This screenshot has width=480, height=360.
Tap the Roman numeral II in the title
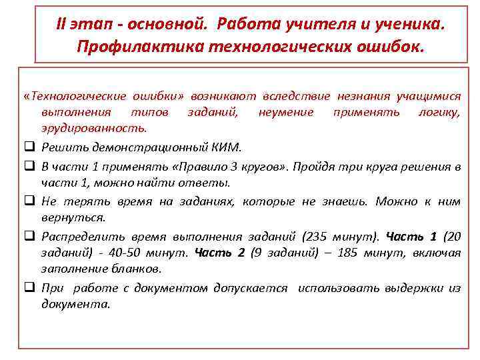63,24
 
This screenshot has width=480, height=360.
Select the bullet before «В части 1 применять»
31,165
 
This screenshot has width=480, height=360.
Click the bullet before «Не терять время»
31,201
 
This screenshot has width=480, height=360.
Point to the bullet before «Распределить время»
31,236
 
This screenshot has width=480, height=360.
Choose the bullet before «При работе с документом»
31,289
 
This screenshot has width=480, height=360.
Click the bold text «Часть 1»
412,236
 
